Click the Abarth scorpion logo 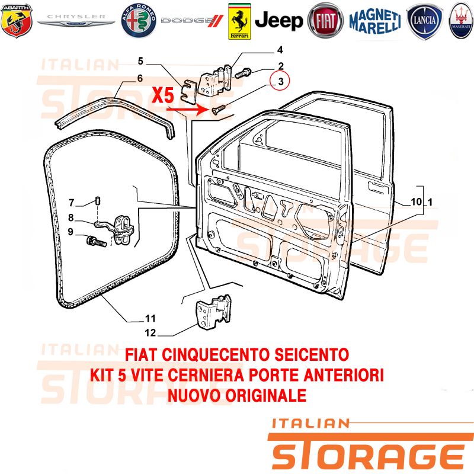[17, 21]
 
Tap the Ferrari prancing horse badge [239, 21]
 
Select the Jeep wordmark [278, 21]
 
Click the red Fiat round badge [325, 21]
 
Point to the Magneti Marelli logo [375, 21]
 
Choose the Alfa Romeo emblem [139, 21]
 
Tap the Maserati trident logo [462, 21]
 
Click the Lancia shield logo [424, 21]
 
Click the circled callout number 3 [280, 81]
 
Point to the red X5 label [163, 95]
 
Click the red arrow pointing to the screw [187, 110]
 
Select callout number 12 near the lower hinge [150, 333]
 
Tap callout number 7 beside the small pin [71, 203]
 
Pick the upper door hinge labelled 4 [215, 81]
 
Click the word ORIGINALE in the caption [266, 395]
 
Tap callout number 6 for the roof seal [140, 78]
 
